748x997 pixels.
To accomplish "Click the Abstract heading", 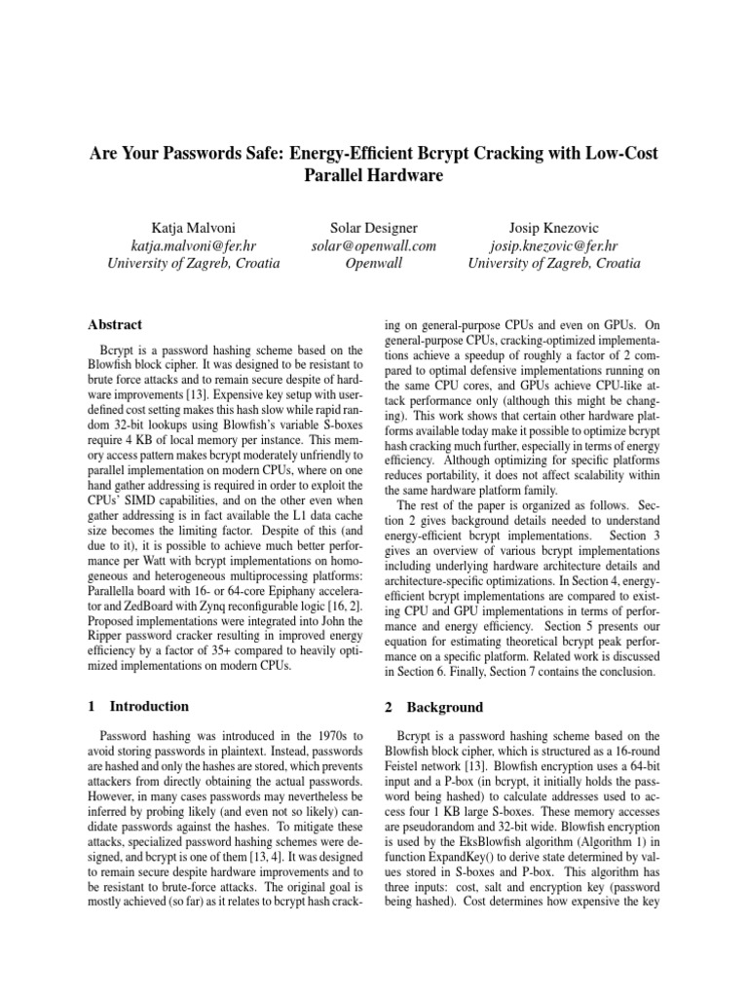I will point(117,324).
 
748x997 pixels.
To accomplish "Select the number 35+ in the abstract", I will point(199,654).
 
